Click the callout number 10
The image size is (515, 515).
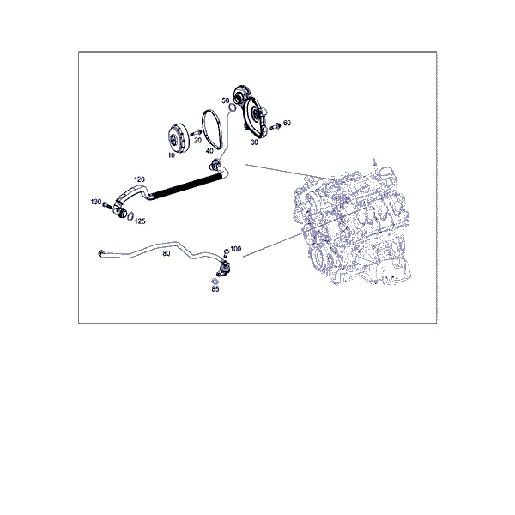click(172, 155)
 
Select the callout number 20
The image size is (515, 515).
click(197, 140)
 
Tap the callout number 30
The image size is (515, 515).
click(254, 142)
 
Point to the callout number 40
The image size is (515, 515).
click(209, 150)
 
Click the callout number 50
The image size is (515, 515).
click(225, 100)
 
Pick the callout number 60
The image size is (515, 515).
click(287, 123)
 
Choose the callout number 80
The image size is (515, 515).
click(167, 253)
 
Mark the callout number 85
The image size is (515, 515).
click(215, 289)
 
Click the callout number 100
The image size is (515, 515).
click(235, 249)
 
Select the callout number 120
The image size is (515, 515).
click(139, 179)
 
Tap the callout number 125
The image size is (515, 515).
click(140, 221)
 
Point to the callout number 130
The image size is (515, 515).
click(96, 202)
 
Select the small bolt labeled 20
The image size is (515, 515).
click(196, 133)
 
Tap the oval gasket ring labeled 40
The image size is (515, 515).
click(212, 128)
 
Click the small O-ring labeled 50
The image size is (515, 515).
click(233, 107)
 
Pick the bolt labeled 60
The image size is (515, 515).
click(275, 126)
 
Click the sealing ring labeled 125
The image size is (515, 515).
click(130, 216)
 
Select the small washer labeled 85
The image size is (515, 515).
click(215, 282)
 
